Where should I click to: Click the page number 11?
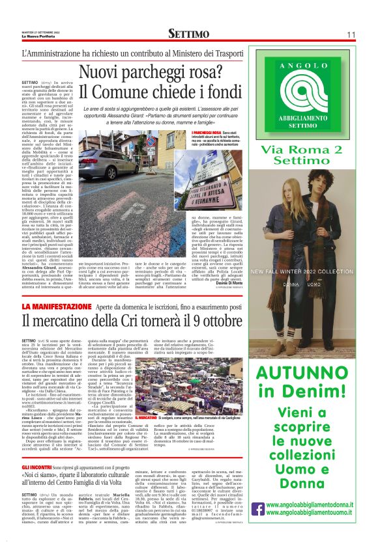click(351, 34)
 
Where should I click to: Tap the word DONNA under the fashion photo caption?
click(291, 266)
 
